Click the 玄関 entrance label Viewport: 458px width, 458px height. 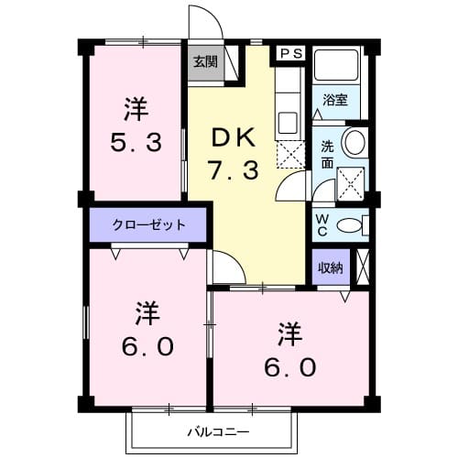pos(205,62)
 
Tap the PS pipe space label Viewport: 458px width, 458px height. pos(290,53)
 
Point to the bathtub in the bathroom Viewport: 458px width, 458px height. pos(337,69)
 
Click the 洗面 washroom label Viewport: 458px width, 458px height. pos(327,154)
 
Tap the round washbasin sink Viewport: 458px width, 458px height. pos(354,143)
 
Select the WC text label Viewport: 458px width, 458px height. pos(322,224)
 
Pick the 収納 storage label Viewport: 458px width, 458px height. pos(330,268)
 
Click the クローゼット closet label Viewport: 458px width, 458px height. pos(148,224)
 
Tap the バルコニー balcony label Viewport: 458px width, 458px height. pos(219,431)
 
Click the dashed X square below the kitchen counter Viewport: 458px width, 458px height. pos(289,153)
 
